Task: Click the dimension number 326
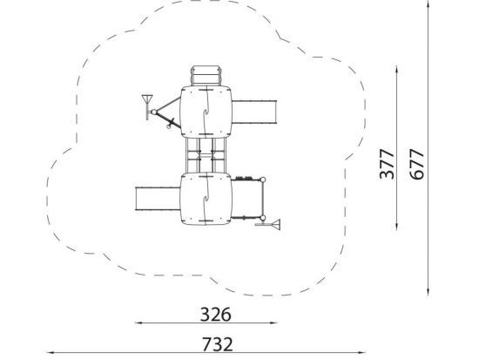click(x=215, y=315)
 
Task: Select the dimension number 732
click(x=217, y=344)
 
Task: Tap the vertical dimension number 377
click(x=387, y=164)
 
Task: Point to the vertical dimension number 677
click(x=416, y=164)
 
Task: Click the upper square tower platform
click(x=206, y=112)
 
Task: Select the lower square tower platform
click(x=206, y=199)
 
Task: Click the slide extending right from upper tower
click(x=254, y=112)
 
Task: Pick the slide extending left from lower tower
click(x=158, y=199)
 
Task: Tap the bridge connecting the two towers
click(x=206, y=155)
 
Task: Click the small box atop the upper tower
click(x=206, y=76)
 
